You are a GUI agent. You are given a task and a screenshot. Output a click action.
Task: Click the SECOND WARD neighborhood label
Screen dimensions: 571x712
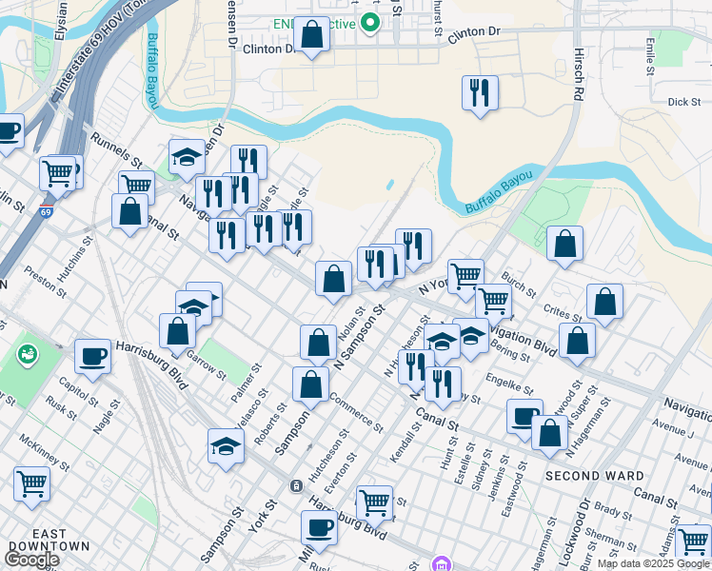[x=587, y=475]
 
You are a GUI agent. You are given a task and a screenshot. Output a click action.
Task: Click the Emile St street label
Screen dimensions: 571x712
[x=650, y=56]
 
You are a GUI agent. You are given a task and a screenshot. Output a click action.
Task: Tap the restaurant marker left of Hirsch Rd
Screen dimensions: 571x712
[x=479, y=93]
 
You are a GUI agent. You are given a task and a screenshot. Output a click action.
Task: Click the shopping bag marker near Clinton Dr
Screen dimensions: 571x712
[x=311, y=36]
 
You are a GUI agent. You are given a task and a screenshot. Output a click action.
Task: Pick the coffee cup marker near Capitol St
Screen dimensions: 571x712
[x=92, y=355]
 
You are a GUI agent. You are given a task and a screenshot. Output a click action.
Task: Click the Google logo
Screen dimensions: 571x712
[x=30, y=560]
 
